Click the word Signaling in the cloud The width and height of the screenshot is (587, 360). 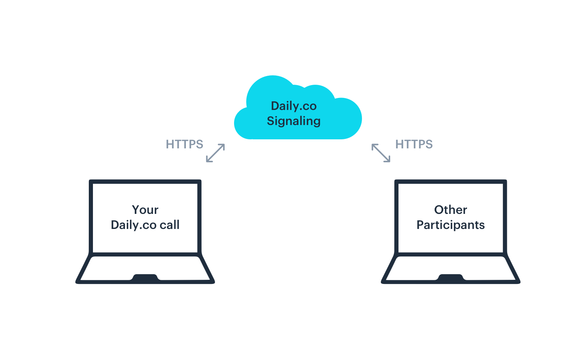[293, 121]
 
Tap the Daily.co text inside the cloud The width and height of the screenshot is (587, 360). [294, 106]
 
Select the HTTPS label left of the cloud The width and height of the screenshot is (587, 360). [184, 144]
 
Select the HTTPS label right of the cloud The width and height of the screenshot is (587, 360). [414, 144]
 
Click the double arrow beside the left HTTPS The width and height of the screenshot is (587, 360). [215, 153]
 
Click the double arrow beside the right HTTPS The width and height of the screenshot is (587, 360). [381, 153]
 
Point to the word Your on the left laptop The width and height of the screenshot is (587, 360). [145, 210]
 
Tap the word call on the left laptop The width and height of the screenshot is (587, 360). [170, 225]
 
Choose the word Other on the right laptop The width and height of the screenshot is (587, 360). [450, 210]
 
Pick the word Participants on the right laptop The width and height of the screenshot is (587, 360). [450, 225]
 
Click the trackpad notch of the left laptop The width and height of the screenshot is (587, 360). [145, 278]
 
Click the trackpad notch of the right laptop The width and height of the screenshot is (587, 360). [451, 278]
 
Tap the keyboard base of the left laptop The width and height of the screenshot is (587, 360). [145, 269]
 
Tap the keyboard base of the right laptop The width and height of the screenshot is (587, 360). [451, 269]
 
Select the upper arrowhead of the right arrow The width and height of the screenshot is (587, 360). [374, 146]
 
